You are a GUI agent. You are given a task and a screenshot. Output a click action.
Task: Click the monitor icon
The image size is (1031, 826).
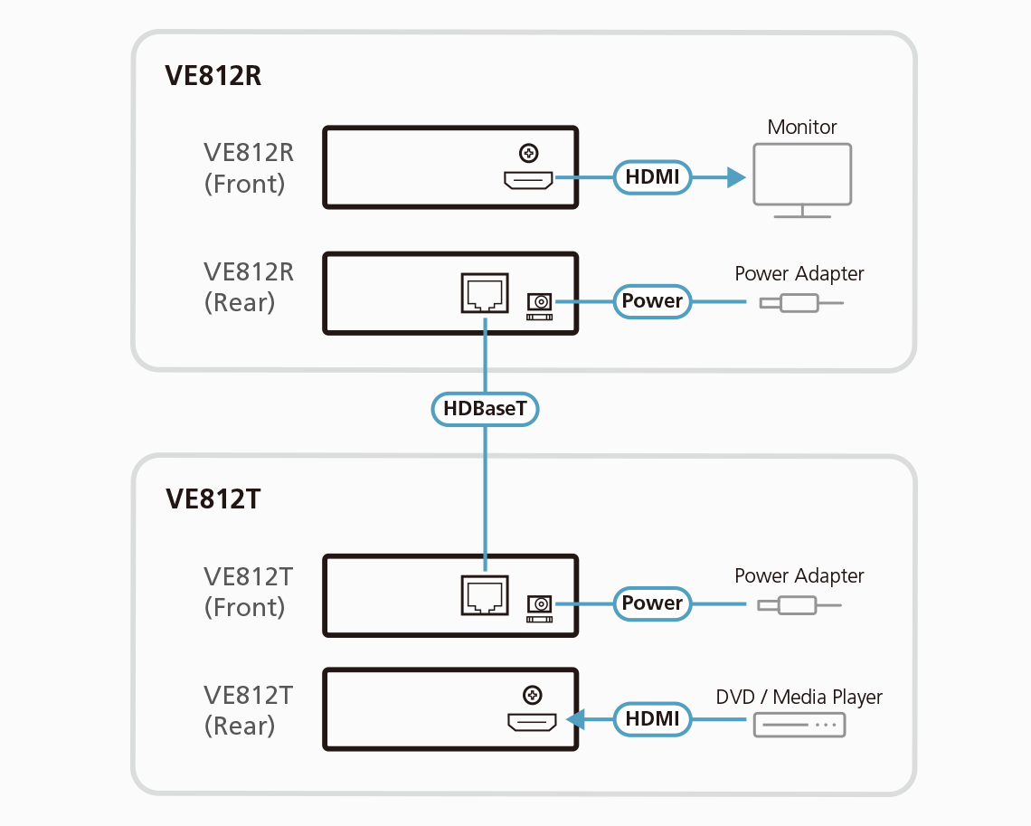point(802,176)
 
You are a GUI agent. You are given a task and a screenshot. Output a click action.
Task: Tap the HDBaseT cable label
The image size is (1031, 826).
point(485,409)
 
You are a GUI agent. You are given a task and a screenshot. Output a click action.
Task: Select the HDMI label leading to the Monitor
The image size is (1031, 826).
point(652,176)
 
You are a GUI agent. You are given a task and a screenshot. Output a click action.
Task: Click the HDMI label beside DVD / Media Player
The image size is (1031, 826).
point(652,719)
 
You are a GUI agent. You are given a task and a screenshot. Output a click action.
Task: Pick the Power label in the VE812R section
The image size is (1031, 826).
point(652,300)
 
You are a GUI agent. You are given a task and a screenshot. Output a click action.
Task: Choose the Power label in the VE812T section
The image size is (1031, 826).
point(652,603)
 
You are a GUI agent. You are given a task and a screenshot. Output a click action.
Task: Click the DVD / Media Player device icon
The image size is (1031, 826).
point(799,725)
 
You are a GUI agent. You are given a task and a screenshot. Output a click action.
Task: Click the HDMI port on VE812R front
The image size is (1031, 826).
point(529,181)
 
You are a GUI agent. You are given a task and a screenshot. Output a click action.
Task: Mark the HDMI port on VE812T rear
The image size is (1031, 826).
point(532,722)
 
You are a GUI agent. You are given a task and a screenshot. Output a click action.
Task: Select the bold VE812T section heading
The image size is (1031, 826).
point(213,498)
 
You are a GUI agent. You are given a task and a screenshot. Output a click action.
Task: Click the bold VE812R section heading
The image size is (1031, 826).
point(213,76)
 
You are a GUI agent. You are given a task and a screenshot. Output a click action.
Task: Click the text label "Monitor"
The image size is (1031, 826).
point(802,127)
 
